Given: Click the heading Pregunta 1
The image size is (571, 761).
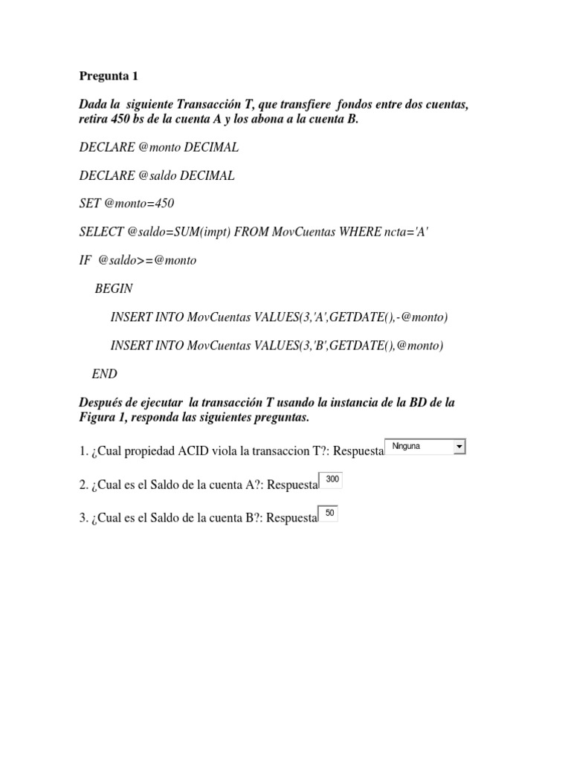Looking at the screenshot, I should (109, 76).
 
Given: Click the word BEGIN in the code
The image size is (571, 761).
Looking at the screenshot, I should (114, 288).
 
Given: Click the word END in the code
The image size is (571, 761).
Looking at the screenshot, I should (105, 374).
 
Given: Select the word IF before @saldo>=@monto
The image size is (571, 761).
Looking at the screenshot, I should (84, 260).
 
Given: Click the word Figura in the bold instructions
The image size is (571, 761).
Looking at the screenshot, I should (97, 418).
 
